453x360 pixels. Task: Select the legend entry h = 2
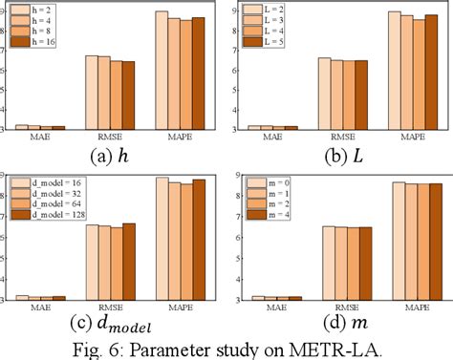(36, 10)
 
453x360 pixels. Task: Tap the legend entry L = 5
(270, 42)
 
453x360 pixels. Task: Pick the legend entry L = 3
(270, 20)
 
